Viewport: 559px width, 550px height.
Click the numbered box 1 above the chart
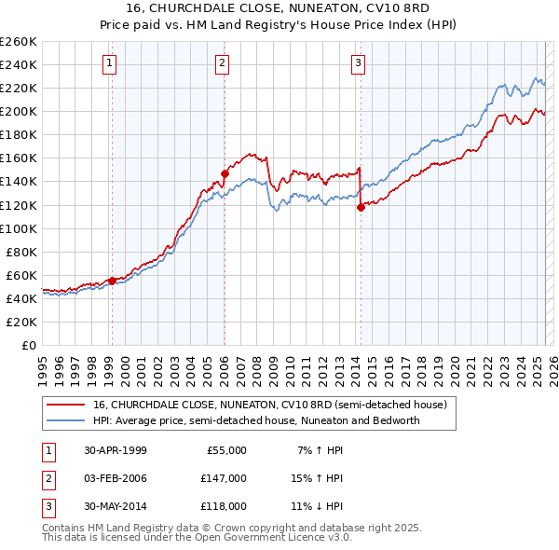tap(110, 63)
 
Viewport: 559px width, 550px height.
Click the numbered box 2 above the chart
tap(224, 63)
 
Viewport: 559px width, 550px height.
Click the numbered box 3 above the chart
tap(359, 63)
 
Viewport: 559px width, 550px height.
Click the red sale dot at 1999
tap(112, 281)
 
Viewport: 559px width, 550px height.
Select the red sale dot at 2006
tap(225, 172)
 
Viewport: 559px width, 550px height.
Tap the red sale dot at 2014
tap(361, 207)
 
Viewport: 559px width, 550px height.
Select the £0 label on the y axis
tap(28, 345)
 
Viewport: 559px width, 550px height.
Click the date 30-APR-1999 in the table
tap(116, 450)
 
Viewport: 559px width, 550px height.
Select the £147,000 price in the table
tap(223, 478)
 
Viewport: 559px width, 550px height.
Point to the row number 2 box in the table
tap(48, 478)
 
